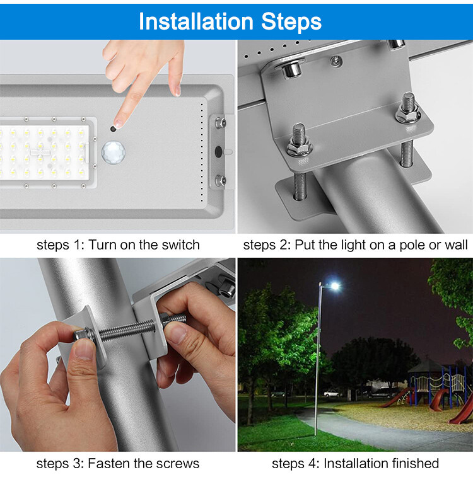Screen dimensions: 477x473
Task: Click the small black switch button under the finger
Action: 113,129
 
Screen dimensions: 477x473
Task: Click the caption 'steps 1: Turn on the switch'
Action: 118,245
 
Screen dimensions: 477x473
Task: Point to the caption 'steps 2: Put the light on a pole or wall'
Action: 355,245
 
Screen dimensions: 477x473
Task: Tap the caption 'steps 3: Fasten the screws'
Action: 118,464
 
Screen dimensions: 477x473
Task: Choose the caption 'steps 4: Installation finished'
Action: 355,464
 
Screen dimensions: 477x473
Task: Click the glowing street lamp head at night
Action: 333,286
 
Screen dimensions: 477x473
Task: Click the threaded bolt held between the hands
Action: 129,328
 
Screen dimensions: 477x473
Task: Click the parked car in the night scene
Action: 332,393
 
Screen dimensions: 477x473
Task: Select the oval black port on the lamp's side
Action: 218,152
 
